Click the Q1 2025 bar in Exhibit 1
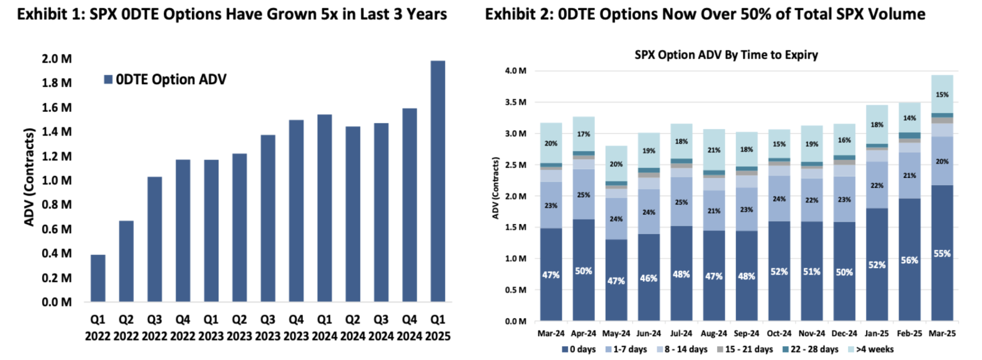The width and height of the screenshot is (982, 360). [x=438, y=181]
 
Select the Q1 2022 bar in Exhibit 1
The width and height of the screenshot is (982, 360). [x=98, y=278]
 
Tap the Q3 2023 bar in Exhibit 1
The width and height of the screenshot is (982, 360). [x=268, y=218]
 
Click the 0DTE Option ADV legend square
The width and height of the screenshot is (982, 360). [x=108, y=80]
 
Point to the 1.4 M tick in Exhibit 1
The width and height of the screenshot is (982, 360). [x=57, y=132]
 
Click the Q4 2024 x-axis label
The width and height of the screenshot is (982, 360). [x=409, y=327]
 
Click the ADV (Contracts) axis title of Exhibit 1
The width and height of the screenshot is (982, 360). [x=29, y=177]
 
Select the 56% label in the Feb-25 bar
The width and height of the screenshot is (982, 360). [x=909, y=261]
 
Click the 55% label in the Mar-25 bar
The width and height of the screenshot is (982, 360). [x=942, y=254]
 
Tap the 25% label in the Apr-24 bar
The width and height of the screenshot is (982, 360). [x=583, y=195]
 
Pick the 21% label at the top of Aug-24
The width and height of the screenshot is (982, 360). [x=713, y=150]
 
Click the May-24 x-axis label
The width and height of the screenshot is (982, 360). [x=616, y=334]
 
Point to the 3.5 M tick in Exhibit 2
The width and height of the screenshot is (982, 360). [x=515, y=102]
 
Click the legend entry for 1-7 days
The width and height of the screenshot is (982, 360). [x=626, y=349]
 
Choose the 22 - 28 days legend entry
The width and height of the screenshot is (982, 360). [x=810, y=349]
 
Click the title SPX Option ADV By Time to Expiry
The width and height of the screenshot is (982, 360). [x=726, y=55]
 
